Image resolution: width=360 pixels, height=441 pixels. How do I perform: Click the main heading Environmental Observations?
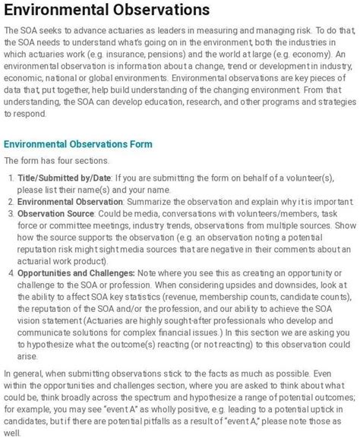click(x=106, y=11)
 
